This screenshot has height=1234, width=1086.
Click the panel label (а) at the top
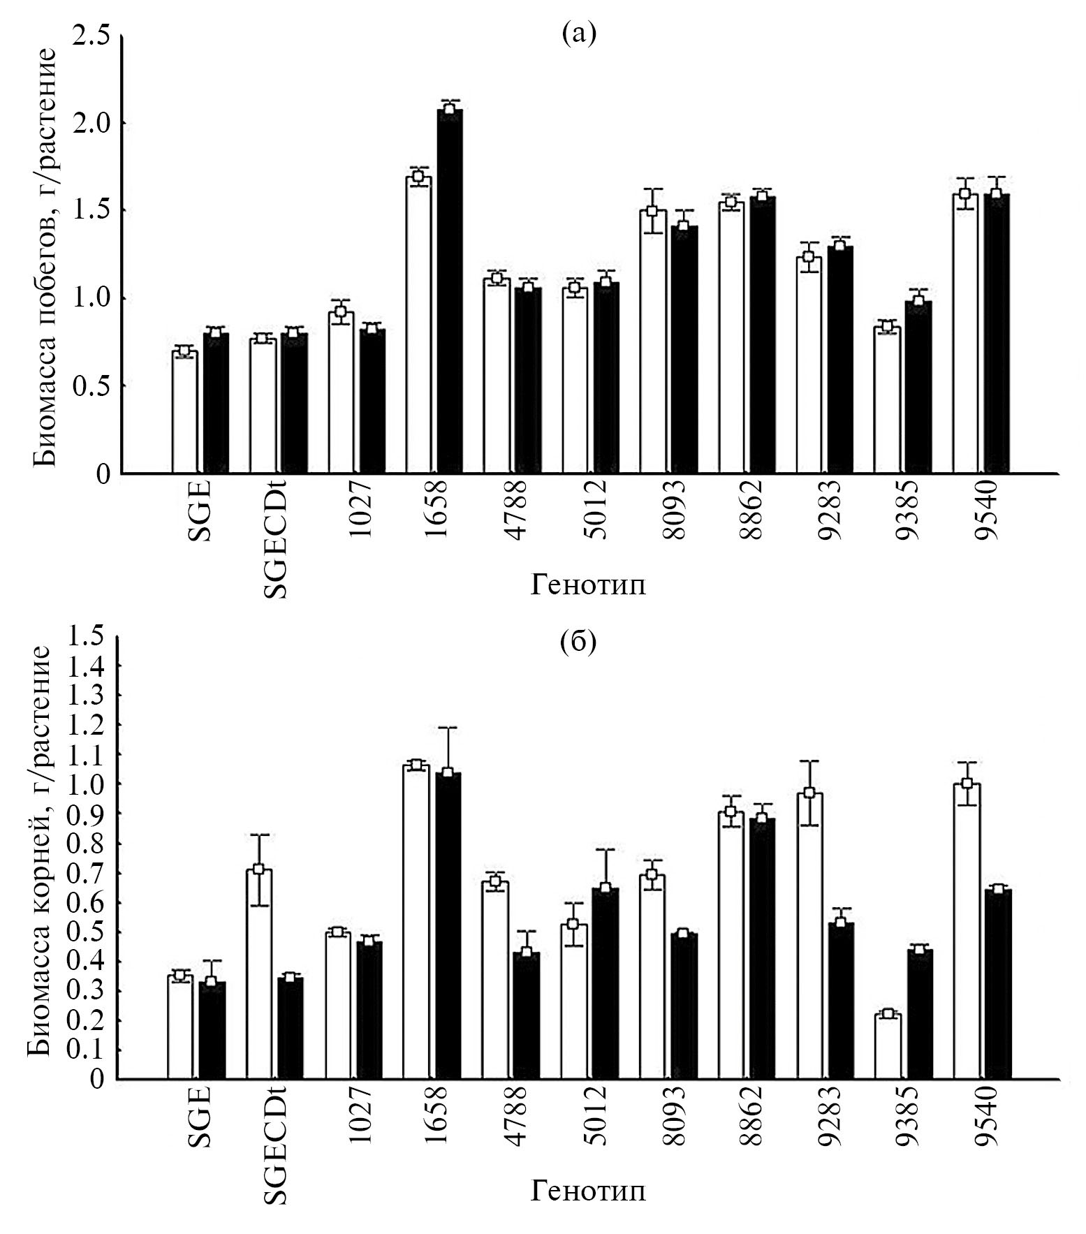click(x=579, y=34)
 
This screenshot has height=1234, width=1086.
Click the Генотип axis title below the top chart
click(x=588, y=585)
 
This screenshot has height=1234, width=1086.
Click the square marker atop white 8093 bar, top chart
click(x=652, y=211)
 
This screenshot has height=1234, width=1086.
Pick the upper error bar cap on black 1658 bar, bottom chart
click(x=448, y=727)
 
